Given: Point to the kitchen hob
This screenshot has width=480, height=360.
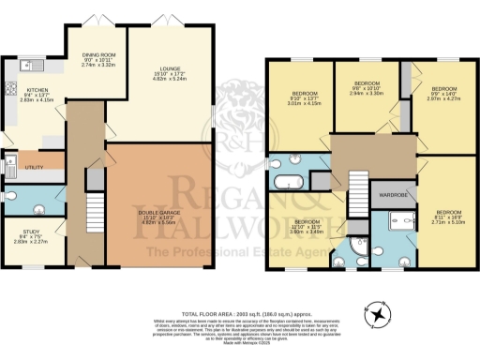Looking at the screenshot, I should (8, 91).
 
